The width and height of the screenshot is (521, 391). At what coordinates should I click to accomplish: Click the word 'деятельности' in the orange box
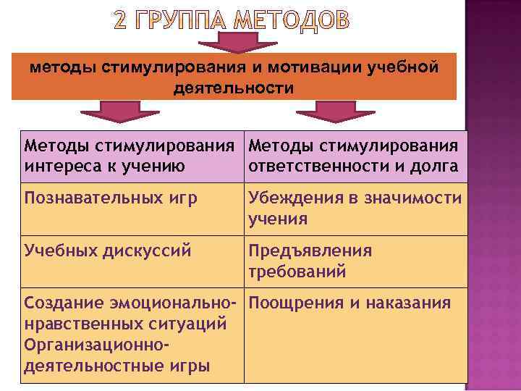click(234, 88)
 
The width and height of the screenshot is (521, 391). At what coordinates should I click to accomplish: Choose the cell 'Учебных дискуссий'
click(108, 252)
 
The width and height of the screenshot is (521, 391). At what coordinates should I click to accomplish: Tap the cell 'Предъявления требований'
click(310, 261)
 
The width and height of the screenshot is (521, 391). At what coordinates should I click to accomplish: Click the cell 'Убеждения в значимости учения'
click(355, 209)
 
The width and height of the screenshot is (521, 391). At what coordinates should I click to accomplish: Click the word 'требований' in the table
click(297, 272)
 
